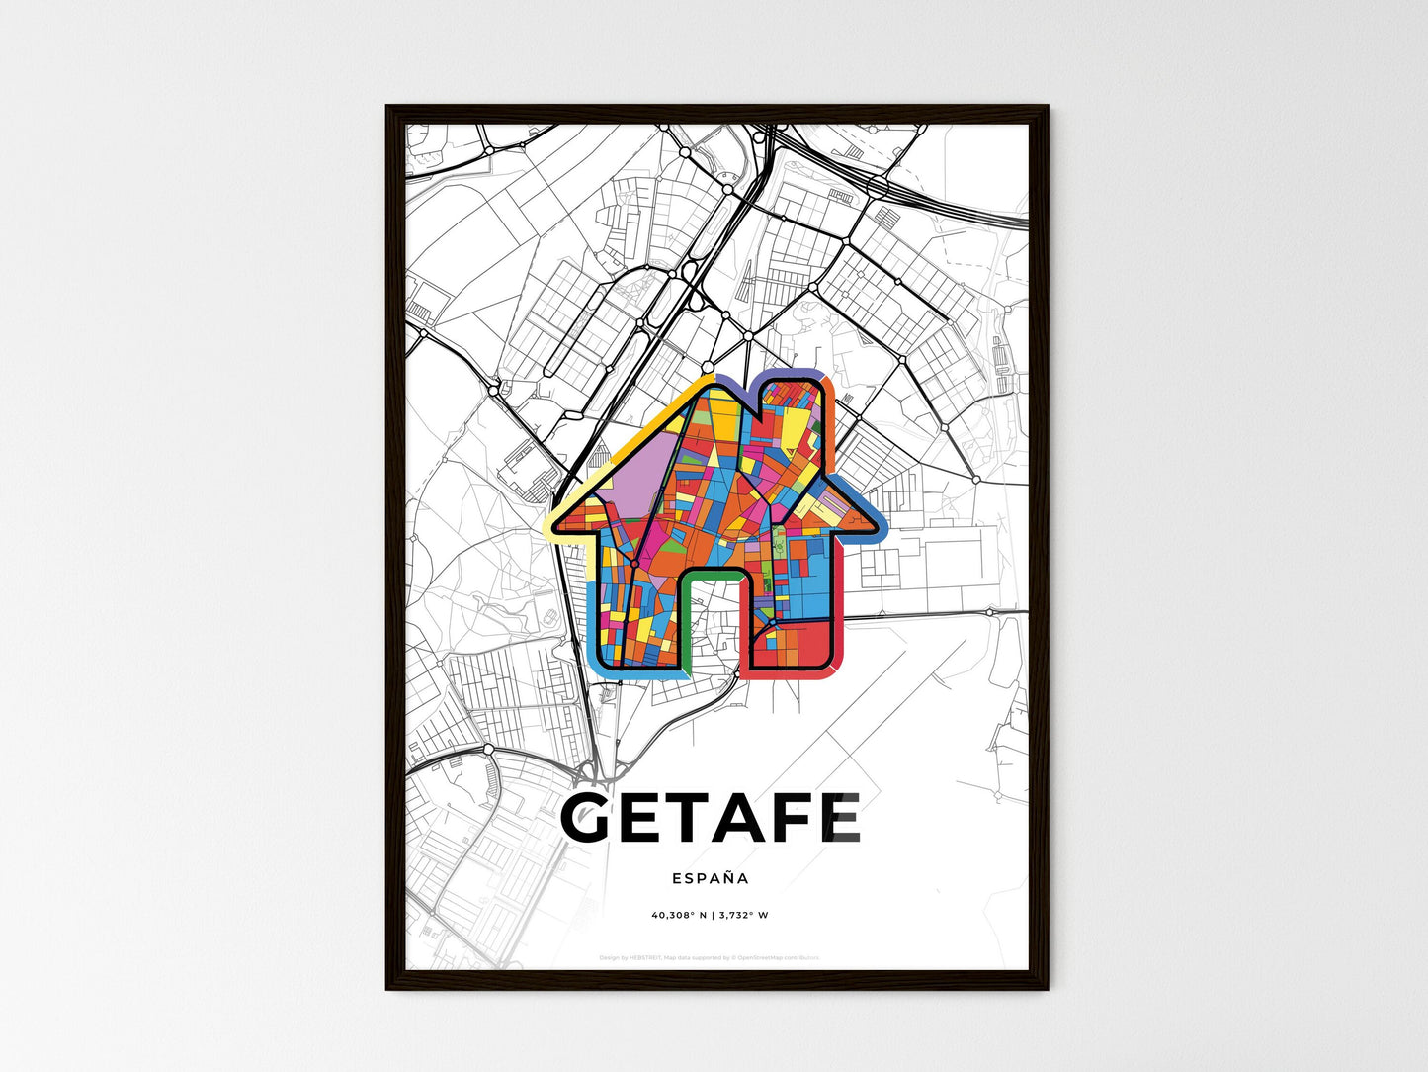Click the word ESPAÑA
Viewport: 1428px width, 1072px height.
point(710,878)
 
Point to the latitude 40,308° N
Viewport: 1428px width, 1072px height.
point(678,915)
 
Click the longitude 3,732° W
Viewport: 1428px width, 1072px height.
point(741,915)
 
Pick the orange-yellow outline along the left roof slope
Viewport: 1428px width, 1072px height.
point(642,425)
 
